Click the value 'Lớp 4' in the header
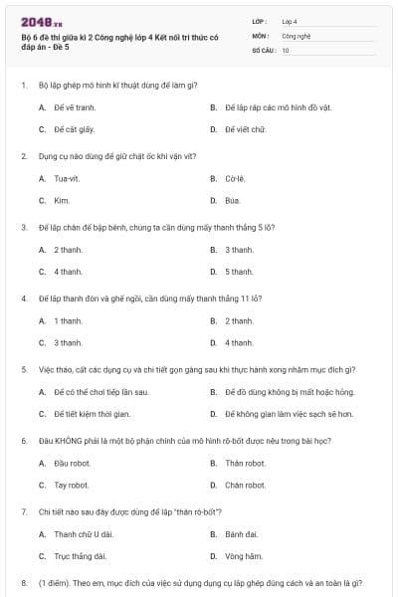(289, 20)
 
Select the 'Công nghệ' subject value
(297, 35)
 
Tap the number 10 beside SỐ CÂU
(286, 49)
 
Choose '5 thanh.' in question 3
(239, 271)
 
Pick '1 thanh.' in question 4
(68, 320)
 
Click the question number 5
(24, 369)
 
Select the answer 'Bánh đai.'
(241, 534)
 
